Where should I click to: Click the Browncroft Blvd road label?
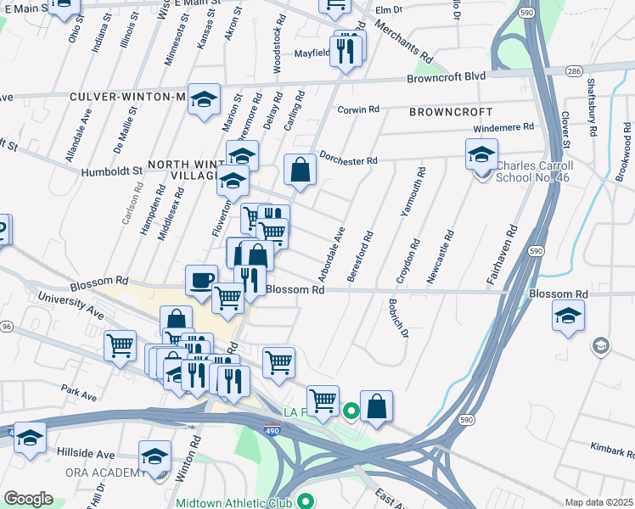point(446,76)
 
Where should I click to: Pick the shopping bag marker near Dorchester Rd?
point(300,169)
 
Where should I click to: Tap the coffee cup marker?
point(202,280)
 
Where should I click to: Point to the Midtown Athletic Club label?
point(233,502)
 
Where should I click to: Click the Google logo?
point(28,498)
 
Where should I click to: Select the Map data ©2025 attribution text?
point(598,502)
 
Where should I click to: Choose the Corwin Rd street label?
point(357,109)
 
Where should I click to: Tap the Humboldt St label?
point(112,171)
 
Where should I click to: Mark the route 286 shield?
point(575,71)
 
